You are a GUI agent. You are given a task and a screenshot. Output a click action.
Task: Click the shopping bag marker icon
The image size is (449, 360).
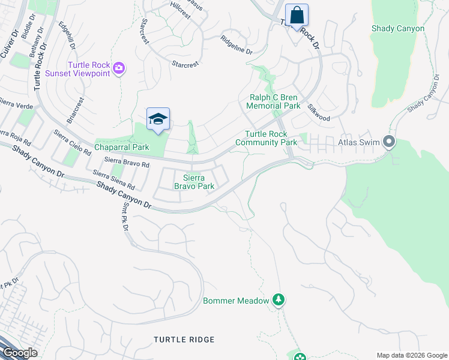(x=297, y=14)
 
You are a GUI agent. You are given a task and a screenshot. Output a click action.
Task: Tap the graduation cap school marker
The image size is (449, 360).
(x=158, y=119)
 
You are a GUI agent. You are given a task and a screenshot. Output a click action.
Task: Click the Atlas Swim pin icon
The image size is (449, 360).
(x=389, y=143)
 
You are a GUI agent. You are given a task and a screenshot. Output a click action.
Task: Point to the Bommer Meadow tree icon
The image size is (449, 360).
(x=278, y=299)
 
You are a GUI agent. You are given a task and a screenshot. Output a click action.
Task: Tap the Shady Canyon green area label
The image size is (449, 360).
(x=398, y=28)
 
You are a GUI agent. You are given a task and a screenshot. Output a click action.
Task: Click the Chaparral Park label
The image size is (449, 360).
(x=121, y=147)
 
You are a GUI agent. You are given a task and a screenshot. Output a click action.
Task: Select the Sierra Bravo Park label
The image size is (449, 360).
(x=194, y=182)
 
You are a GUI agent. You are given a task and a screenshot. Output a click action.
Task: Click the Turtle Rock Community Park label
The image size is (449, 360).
(x=266, y=138)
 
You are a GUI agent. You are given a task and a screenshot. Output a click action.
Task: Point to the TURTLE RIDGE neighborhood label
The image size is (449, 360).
(x=184, y=340)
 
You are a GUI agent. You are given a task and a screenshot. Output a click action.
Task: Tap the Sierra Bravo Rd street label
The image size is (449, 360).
(x=125, y=161)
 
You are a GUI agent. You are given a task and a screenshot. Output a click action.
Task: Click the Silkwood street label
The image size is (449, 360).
(x=319, y=112)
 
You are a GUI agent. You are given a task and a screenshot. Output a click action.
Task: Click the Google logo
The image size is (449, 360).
(x=19, y=353)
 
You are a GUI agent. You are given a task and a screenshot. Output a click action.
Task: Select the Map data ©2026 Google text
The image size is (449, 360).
(x=411, y=355)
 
